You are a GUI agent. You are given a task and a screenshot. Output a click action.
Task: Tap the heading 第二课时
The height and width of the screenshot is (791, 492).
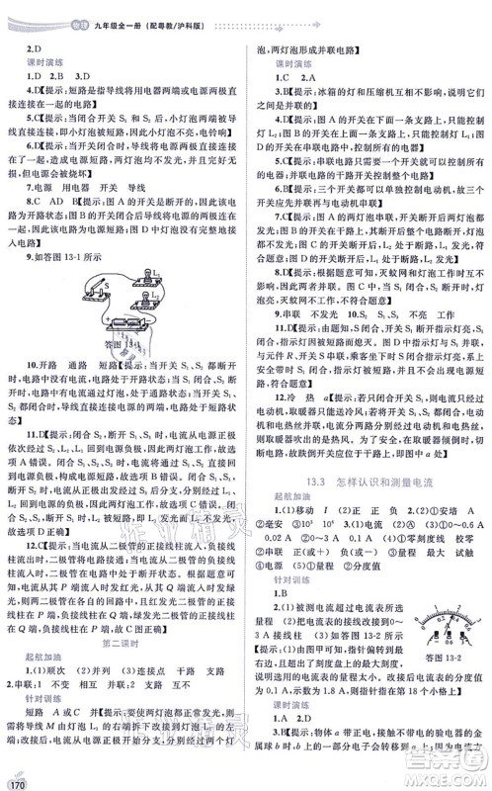click(123, 616)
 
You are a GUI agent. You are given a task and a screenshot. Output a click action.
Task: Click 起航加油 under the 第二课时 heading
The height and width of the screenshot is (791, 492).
click(39, 633)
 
